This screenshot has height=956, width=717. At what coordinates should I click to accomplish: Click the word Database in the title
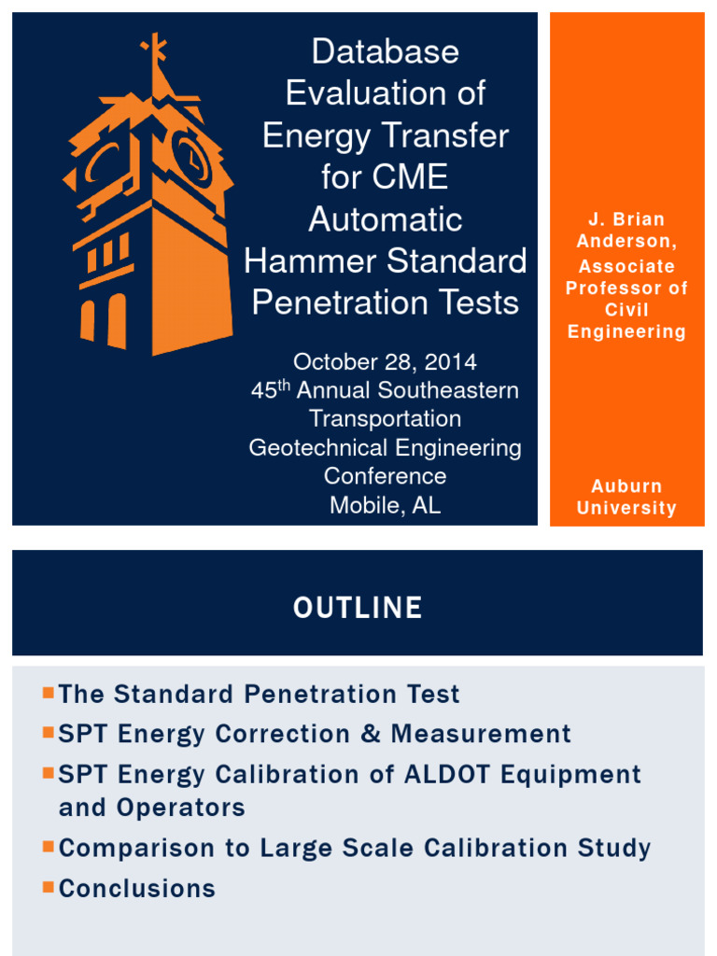coord(385,51)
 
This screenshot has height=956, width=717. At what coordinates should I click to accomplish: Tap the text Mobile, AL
coord(385,505)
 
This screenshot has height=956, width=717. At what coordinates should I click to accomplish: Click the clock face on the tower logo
coord(191,160)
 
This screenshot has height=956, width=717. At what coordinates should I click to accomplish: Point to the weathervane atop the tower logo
coord(154,50)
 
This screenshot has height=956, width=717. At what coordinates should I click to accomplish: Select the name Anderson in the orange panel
coord(626,242)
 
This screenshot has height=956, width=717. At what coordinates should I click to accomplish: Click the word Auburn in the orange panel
coord(626,486)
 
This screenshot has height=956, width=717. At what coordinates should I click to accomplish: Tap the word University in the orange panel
coord(626,508)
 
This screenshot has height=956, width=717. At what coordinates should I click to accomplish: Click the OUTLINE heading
coord(358,608)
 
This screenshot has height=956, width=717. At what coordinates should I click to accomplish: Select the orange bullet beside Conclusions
coord(48,887)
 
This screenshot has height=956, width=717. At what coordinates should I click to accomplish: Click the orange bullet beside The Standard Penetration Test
coord(48,693)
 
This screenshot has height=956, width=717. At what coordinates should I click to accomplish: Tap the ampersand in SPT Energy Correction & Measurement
coord(371,734)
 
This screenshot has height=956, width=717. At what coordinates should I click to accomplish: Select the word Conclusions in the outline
coord(137,888)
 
